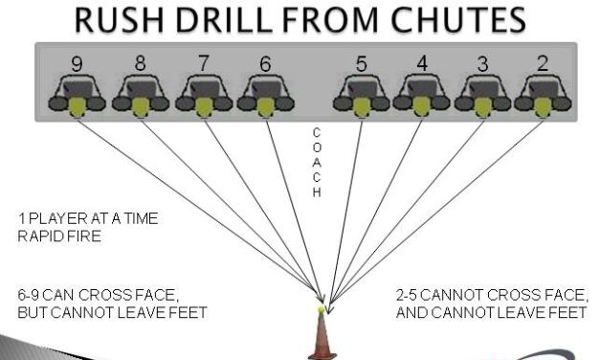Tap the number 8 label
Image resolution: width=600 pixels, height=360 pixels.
pos(140,65)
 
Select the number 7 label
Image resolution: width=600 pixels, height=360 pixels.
pos(203,65)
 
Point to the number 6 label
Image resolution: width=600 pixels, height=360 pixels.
pos(264,65)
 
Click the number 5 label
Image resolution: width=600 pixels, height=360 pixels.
pos(360,65)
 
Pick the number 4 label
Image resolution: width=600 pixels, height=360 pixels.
pos(421,65)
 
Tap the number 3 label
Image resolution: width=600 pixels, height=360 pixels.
pos(481,65)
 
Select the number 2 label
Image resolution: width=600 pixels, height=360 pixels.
pos(542,65)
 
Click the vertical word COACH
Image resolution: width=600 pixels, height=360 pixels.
pos(317,161)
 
